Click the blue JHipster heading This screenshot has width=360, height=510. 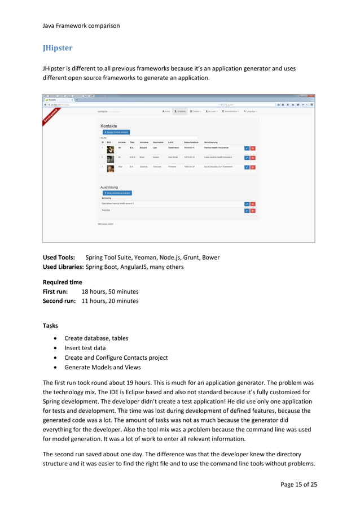pos(58,48)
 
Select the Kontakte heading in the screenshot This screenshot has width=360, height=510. pos(109,126)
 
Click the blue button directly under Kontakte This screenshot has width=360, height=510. pos(116,132)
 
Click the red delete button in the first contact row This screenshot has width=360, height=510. pos(253,148)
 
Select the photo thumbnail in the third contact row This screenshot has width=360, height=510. pos(110,168)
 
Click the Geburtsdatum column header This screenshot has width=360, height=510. pos(191,142)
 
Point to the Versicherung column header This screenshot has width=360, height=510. pos(215,142)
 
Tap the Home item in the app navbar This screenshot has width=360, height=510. pos(166,111)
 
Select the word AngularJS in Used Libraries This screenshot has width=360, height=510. pos(138,267)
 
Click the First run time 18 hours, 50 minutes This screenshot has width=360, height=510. pos(110,291)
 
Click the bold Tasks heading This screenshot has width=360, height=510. pos(52,325)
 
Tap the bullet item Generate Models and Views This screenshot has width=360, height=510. pos(107,367)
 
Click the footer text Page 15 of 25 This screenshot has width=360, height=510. pos(297,484)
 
